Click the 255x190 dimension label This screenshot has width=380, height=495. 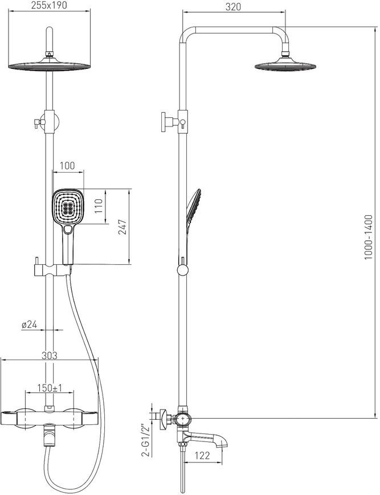(x=49, y=5)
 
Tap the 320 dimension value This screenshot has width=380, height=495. (x=233, y=7)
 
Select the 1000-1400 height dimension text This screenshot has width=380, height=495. (x=369, y=238)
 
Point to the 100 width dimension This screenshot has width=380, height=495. (x=67, y=165)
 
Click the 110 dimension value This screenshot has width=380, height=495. (x=100, y=206)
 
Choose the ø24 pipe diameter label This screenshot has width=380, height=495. (x=30, y=324)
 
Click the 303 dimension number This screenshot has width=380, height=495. (x=50, y=355)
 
